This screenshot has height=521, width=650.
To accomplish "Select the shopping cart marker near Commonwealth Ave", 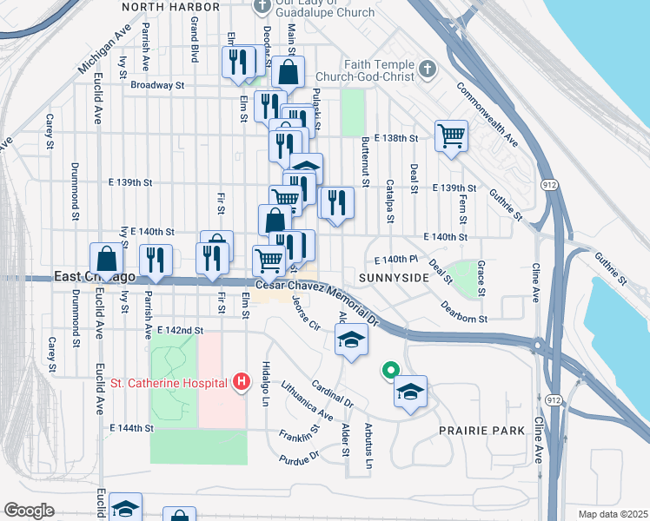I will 451,135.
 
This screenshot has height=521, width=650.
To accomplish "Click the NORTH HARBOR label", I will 167,7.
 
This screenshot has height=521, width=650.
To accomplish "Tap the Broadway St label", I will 158,86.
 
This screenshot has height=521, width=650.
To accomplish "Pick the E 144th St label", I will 132,428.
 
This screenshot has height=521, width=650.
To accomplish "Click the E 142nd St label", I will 180,331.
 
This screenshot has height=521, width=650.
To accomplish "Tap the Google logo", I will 29,511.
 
